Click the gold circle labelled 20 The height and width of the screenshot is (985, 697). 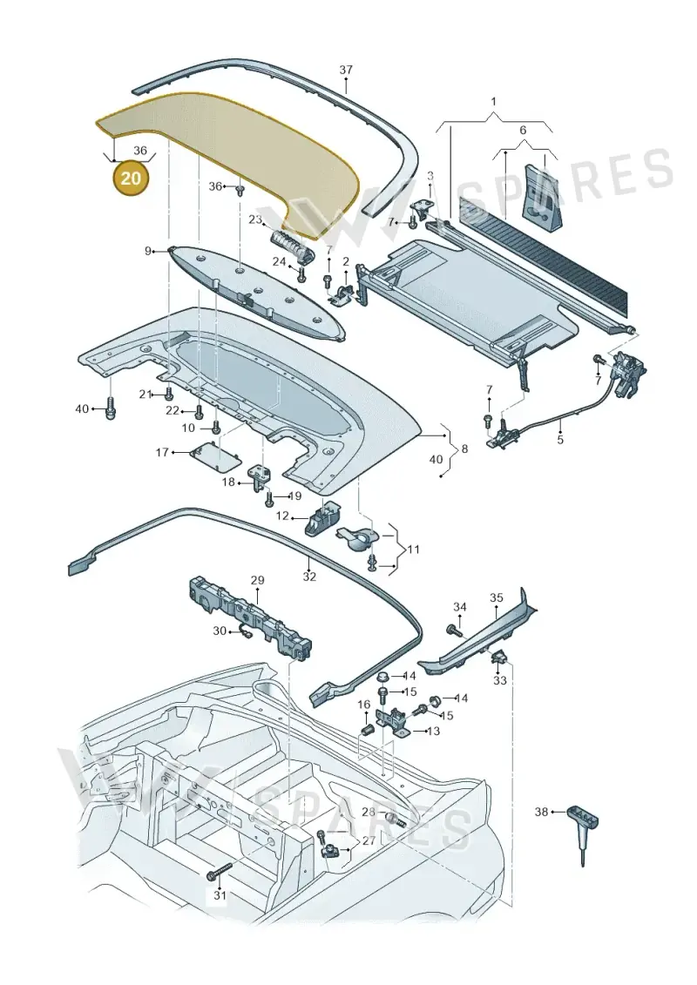click(x=131, y=179)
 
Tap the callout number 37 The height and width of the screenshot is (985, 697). click(x=346, y=71)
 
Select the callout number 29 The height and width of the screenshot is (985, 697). click(x=258, y=580)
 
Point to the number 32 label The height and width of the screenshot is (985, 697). click(x=309, y=577)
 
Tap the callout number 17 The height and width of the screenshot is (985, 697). click(x=163, y=452)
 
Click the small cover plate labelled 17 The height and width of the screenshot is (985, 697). click(x=215, y=456)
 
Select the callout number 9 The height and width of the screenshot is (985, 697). click(x=148, y=252)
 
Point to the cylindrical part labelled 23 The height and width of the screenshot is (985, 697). click(x=292, y=244)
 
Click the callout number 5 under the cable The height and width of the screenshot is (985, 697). click(x=560, y=440)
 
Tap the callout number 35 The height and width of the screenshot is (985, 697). click(x=497, y=597)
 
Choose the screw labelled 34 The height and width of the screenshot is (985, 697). click(x=451, y=629)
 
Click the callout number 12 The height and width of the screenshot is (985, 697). click(x=283, y=516)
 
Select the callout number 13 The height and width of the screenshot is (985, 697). click(x=433, y=732)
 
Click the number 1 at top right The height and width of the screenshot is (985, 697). click(x=494, y=102)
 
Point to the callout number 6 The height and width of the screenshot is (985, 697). click(x=522, y=131)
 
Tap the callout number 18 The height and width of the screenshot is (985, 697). click(x=228, y=482)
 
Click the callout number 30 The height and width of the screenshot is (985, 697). click(x=219, y=631)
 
